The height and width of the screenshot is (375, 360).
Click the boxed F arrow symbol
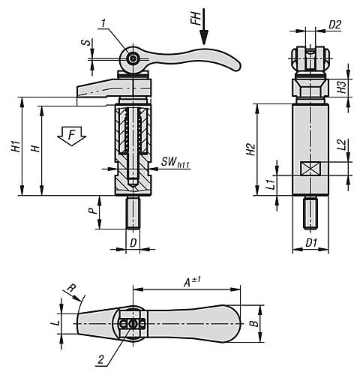[x=72, y=137]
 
